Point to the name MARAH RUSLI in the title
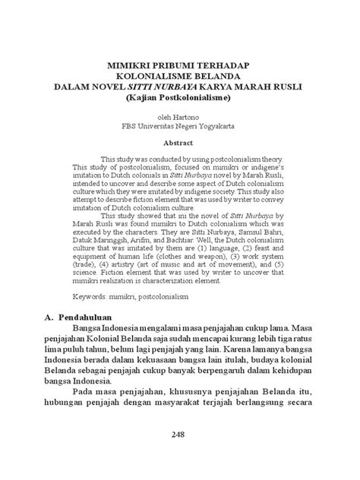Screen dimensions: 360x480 coord(267,88)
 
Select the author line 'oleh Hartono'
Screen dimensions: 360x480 coord(180,118)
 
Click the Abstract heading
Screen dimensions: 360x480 coord(180,142)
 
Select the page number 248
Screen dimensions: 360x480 coord(180,431)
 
